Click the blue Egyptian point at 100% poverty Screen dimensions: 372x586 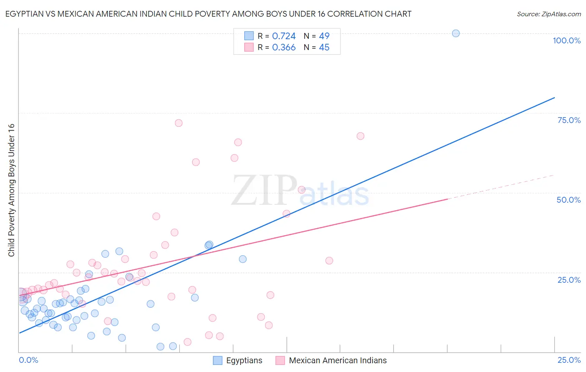coord(456,33)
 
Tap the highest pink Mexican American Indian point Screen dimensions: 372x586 coord(178,123)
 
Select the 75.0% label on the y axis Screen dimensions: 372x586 coord(569,120)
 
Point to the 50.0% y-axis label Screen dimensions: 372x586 coord(568,200)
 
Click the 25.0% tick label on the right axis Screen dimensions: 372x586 coord(569,280)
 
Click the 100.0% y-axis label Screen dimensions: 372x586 coord(566,40)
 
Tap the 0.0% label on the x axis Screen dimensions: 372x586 coord(28,360)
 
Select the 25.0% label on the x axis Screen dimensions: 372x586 coord(569,360)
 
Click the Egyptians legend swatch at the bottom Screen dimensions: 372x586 coord(218,360)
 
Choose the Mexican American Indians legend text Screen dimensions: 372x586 coord(338,360)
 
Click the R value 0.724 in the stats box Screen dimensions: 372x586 coord(284,36)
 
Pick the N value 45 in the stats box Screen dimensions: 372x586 coord(324,48)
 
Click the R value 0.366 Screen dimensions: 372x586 coord(284,48)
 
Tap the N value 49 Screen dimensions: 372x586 coord(324,36)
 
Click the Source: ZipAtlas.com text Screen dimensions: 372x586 coord(548,14)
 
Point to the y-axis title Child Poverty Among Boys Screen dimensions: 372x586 coord(12,190)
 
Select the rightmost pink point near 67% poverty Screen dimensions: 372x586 coord(360,136)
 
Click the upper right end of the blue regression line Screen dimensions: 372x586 coord(554,98)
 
